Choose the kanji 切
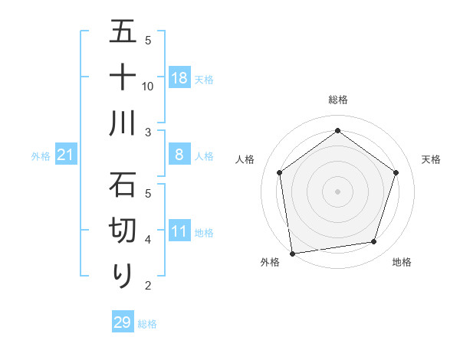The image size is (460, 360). (x=123, y=231)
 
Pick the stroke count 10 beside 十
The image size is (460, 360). (x=148, y=86)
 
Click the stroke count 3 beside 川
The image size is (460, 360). (x=148, y=133)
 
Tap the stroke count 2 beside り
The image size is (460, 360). (x=148, y=286)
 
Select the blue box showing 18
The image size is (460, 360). (x=179, y=78)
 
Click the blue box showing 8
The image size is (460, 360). (x=179, y=155)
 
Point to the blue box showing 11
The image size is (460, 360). (x=179, y=232)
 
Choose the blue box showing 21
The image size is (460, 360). (x=66, y=155)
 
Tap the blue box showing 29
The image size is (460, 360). (x=123, y=322)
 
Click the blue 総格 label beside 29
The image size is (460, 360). (x=147, y=324)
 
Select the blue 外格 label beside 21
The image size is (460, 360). (x=41, y=156)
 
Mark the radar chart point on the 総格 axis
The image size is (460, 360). (x=337, y=130)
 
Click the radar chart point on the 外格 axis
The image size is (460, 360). (x=292, y=253)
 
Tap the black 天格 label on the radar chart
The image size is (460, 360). (x=432, y=159)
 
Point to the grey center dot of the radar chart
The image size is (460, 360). (x=337, y=191)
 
